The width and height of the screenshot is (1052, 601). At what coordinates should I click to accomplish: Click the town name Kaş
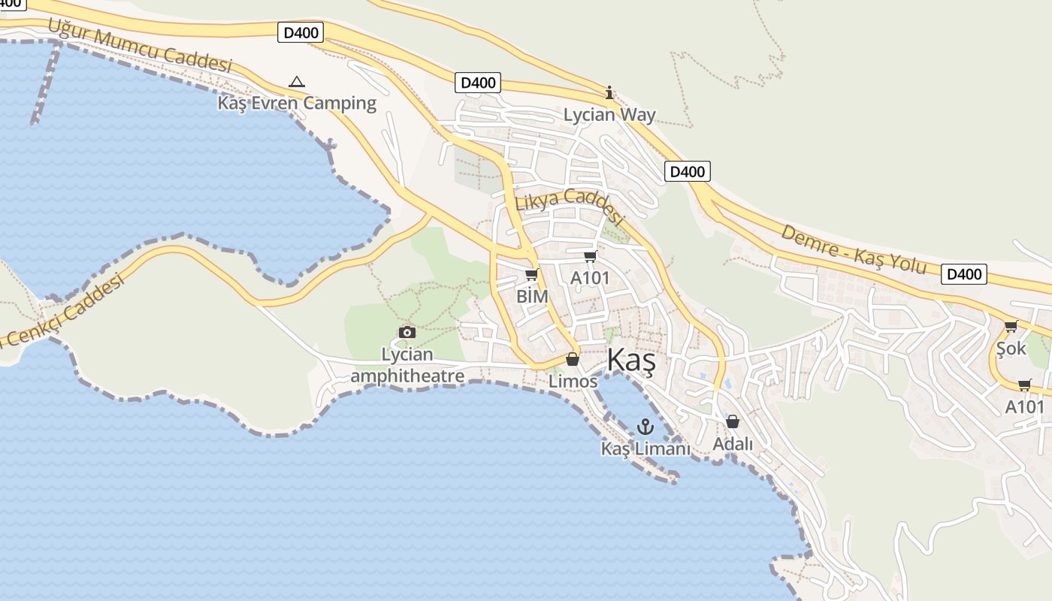pos(630,361)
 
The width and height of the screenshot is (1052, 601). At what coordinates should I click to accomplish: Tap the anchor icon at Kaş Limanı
pos(645,427)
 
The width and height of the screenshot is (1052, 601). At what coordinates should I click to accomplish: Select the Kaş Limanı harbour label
pos(645,448)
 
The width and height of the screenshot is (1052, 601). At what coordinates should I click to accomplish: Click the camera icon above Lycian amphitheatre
pos(407,332)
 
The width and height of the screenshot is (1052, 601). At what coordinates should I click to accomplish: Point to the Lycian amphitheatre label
pos(407,365)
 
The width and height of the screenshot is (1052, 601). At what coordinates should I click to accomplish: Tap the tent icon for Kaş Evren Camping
pos(297,82)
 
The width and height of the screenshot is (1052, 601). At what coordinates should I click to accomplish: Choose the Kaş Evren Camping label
pos(297,103)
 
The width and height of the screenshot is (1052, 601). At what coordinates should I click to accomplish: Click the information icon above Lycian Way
pos(609,93)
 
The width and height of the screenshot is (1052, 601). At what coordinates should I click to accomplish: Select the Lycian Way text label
pos(609,115)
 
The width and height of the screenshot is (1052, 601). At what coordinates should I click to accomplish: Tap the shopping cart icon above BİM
pos(532,275)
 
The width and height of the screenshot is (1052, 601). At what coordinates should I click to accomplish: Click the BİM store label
pos(532,296)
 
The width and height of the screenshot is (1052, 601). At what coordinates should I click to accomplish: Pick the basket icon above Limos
pos(573,359)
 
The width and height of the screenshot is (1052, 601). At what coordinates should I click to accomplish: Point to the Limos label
pos(573,381)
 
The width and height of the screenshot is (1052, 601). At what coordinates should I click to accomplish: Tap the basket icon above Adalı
pos(733,421)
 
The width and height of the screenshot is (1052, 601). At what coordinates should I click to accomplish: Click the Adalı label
pos(733,444)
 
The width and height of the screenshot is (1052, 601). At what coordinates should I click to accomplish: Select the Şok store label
pos(1011,348)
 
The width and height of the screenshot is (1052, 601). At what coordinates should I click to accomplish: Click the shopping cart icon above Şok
pos(1011,326)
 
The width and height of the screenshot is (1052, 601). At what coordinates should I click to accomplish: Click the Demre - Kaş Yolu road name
pos(853,249)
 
